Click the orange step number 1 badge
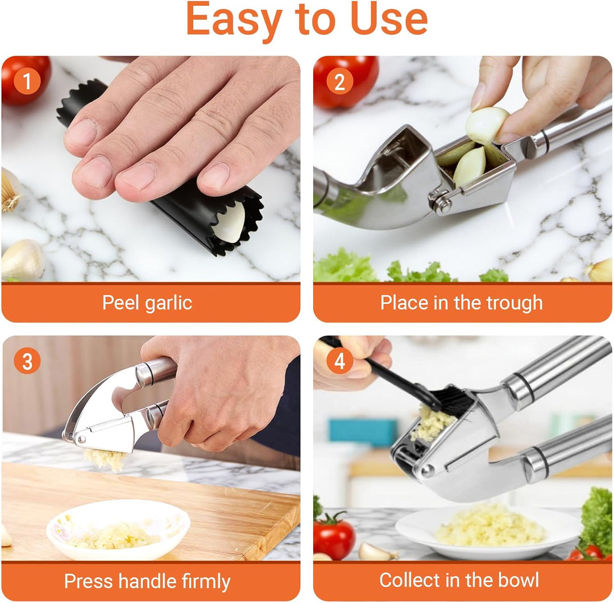(x=27, y=81)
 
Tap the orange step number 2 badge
(x=339, y=81)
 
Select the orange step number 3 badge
(x=27, y=361)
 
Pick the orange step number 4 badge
(x=339, y=361)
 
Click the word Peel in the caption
(x=121, y=303)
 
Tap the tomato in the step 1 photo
(x=24, y=79)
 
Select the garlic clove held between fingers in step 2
(x=486, y=125)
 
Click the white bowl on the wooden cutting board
(x=118, y=530)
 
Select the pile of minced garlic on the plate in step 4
(x=490, y=525)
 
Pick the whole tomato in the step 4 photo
(x=334, y=535)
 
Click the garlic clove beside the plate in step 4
(x=376, y=552)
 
